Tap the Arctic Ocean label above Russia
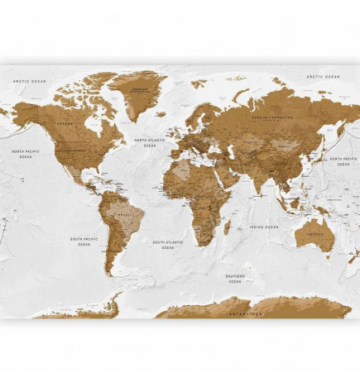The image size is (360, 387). tap(324, 76)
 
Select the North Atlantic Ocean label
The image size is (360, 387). tap(150, 143)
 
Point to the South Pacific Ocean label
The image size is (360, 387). tap(84, 241)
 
